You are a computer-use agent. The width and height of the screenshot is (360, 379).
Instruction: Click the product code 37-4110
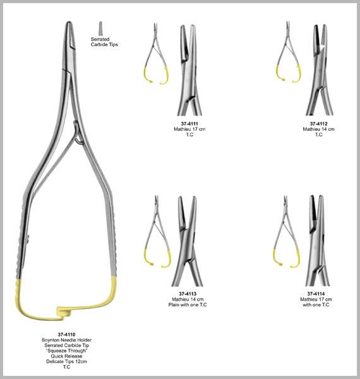[x=66, y=335]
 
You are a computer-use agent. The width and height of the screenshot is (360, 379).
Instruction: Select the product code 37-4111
[x=189, y=124]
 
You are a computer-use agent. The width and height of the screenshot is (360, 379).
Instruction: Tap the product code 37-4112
[x=319, y=124]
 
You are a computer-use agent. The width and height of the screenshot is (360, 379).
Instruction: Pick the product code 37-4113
[x=188, y=294]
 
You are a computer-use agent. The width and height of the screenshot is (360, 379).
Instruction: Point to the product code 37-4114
[x=316, y=294]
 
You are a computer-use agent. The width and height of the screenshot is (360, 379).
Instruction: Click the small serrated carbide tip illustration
[x=100, y=28]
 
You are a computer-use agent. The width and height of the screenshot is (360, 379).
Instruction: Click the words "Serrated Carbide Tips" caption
[x=104, y=42]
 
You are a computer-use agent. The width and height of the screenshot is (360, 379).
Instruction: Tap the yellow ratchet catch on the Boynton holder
[x=64, y=311]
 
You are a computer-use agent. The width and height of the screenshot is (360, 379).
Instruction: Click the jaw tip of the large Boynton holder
[x=69, y=23]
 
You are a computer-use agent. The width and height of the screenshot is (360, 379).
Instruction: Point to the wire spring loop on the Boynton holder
[x=78, y=133]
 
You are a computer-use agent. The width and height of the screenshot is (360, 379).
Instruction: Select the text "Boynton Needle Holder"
[x=66, y=340]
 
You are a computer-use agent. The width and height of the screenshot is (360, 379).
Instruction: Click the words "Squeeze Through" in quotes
[x=66, y=351]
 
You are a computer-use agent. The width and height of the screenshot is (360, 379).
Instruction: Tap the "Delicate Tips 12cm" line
[x=66, y=361]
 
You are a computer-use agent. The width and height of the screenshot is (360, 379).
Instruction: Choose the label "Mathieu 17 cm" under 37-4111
[x=189, y=129]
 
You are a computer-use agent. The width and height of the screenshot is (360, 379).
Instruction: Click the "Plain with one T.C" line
[x=188, y=304]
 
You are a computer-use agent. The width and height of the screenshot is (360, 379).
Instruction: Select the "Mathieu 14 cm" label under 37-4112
[x=319, y=129]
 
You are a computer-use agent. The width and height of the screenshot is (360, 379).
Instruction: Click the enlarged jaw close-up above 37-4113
[x=187, y=241]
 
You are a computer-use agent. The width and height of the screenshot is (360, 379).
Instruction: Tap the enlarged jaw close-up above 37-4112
[x=320, y=70]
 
